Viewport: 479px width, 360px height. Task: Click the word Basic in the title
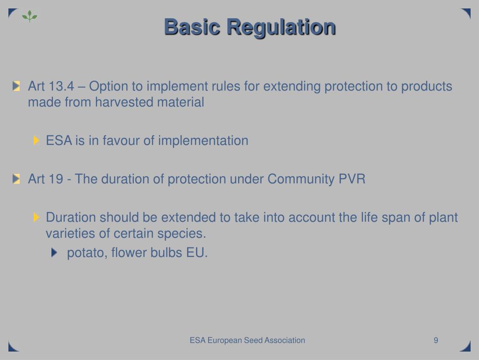click(192, 27)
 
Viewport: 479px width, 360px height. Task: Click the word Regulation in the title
click(281, 27)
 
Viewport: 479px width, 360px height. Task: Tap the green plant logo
click(29, 16)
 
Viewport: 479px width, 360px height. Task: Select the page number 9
click(435, 340)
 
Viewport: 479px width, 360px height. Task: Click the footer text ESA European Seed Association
click(247, 340)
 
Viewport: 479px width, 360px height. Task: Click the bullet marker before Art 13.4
click(17, 86)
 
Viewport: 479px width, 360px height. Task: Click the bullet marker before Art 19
click(17, 179)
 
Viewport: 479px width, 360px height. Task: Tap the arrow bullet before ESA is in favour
click(37, 140)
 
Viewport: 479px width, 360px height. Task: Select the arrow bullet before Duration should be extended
click(37, 217)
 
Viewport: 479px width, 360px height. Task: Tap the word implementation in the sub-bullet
click(203, 141)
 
